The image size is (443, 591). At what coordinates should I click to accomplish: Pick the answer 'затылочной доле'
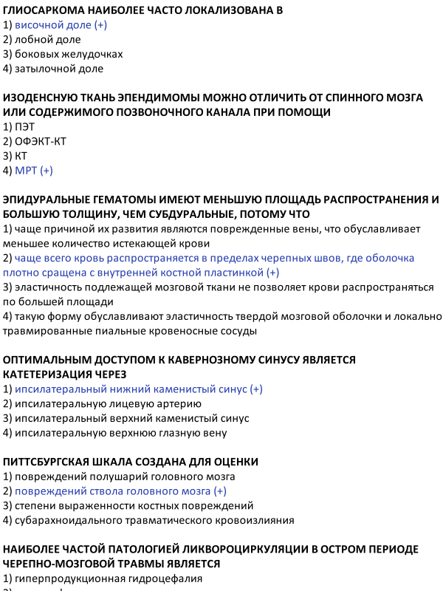click(x=59, y=69)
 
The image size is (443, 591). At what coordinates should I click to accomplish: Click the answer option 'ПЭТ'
click(x=24, y=126)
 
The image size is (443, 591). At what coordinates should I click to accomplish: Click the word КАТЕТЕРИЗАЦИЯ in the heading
click(x=47, y=375)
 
